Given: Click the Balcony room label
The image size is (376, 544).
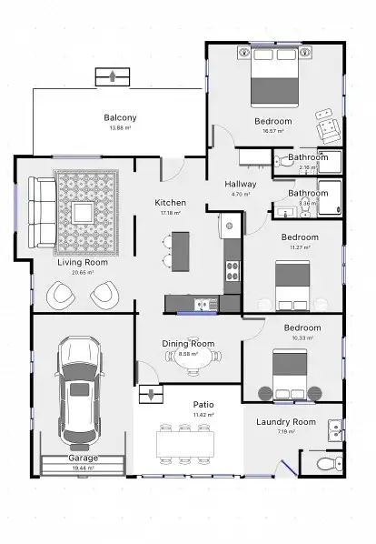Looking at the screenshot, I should click(120, 118).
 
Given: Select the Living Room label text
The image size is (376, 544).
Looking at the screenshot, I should click(76, 262).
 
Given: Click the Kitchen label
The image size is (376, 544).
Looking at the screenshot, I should click(170, 202).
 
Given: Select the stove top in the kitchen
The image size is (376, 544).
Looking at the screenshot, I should click(232, 269).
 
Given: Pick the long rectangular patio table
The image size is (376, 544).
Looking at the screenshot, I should click(185, 442).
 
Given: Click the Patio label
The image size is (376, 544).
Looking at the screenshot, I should click(203, 404).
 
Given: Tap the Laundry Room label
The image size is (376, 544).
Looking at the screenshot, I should click(285, 422).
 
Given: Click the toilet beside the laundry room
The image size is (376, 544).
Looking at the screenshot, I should click(322, 464).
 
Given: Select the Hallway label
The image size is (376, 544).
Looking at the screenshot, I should click(241, 184).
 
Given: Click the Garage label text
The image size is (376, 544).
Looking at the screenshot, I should click(83, 458).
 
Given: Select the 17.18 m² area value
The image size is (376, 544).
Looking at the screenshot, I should click(170, 213).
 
